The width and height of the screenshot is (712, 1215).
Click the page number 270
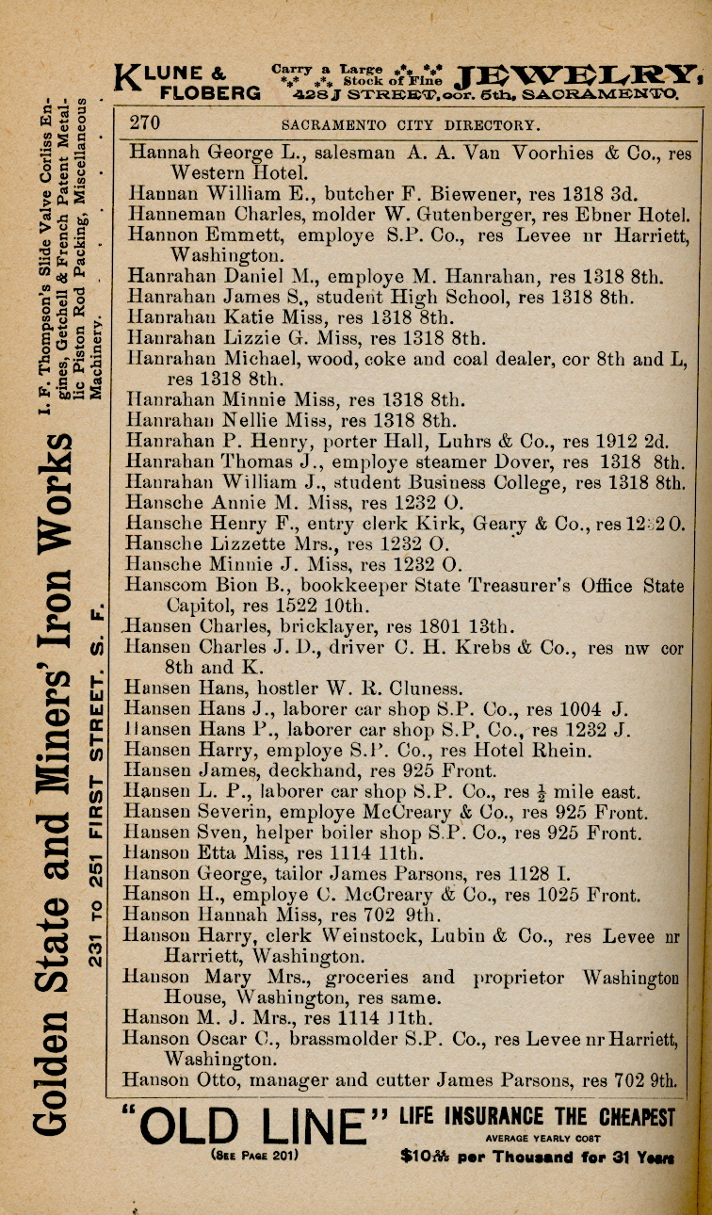[x=145, y=123]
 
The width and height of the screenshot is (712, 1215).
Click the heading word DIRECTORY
[x=493, y=124]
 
